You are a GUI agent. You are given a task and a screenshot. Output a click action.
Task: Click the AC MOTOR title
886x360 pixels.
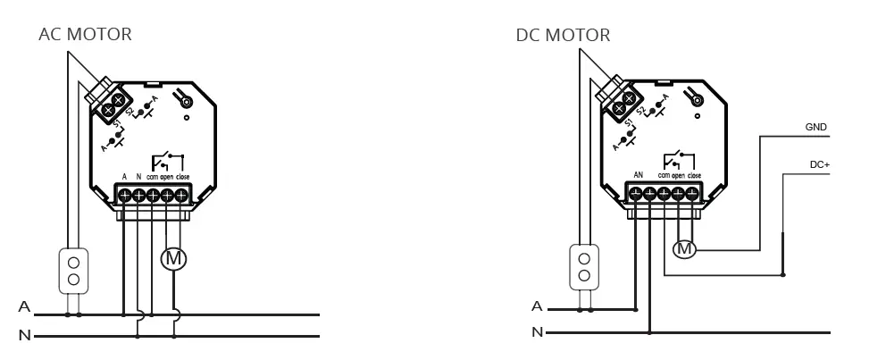tap(85, 35)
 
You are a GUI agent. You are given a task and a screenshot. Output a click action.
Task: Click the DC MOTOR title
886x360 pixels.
tap(563, 36)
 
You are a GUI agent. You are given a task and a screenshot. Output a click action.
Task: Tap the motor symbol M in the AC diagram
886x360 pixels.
tap(173, 259)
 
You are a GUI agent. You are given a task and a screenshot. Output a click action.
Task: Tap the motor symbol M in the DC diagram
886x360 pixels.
tap(684, 249)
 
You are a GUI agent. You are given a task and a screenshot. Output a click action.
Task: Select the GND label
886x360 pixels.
tap(815, 128)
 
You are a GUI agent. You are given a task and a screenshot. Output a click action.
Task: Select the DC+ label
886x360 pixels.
tap(819, 164)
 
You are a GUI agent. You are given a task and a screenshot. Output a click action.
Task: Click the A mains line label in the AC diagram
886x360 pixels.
tap(24, 307)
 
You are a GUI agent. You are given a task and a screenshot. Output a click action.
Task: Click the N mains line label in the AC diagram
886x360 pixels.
tap(24, 336)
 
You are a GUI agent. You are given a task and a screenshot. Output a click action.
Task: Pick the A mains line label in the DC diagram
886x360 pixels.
tap(536, 306)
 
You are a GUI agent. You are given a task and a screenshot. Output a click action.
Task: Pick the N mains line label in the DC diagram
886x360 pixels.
tap(536, 333)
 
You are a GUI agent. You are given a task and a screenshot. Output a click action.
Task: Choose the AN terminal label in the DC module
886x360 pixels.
tap(639, 175)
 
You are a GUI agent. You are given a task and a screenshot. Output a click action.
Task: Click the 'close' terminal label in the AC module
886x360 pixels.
tap(182, 176)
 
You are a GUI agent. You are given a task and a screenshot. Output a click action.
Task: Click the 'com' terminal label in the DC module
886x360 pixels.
tap(664, 175)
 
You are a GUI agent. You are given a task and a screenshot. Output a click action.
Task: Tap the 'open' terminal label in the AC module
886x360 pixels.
tap(167, 176)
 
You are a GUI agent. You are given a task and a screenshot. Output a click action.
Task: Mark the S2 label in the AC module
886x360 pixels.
tap(130, 110)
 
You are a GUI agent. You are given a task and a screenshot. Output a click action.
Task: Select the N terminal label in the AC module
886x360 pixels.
tap(138, 176)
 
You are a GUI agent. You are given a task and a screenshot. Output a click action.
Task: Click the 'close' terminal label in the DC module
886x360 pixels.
tap(694, 175)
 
